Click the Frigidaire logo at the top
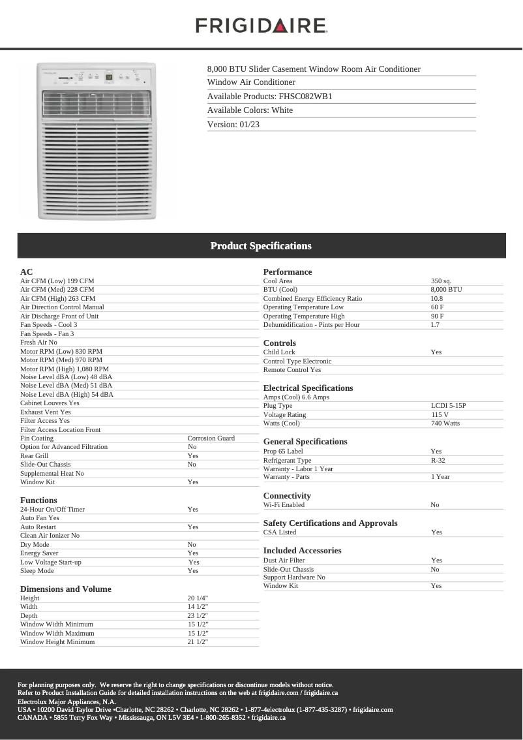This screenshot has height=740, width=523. tap(261, 25)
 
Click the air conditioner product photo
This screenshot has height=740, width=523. tap(97, 140)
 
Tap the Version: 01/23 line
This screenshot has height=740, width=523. tap(233, 125)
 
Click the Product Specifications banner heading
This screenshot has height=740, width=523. tap(261, 246)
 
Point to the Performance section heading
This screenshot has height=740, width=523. tap(288, 272)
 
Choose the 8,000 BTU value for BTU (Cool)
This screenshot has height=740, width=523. tap(446, 290)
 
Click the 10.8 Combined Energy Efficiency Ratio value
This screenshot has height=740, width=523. tap(437, 299)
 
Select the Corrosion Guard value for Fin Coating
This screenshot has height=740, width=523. tap(211, 439)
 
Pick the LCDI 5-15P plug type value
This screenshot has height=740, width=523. tap(448, 406)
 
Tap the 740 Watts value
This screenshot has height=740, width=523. tap(445, 424)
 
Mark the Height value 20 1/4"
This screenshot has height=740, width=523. tap(198, 598)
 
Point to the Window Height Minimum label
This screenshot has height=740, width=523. tap(57, 642)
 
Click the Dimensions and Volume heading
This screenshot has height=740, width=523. tap(65, 589)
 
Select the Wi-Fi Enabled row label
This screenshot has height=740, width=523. tap(284, 505)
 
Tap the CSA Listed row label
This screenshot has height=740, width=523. tap(280, 532)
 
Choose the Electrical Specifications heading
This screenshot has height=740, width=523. tap(308, 388)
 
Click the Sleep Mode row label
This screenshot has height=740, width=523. tap(37, 571)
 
